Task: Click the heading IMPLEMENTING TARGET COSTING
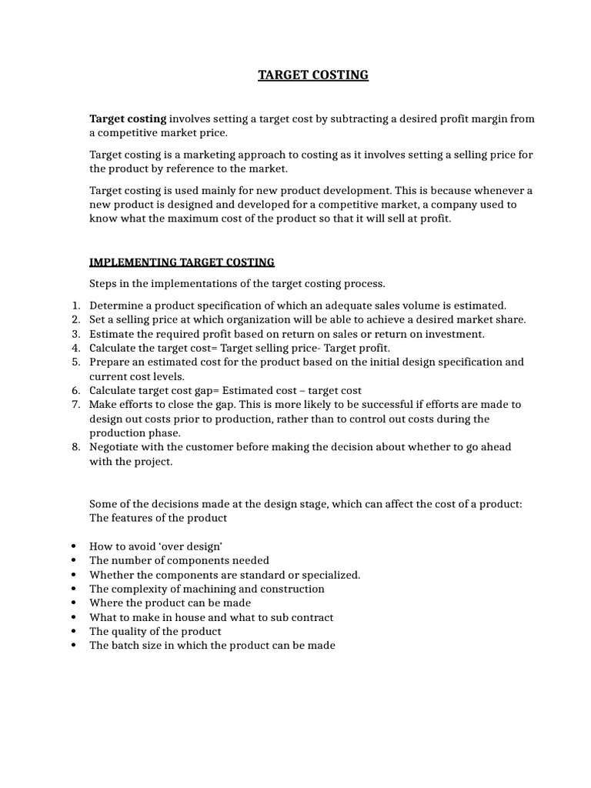(182, 263)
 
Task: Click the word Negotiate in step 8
(115, 447)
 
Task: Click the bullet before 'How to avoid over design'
(72, 546)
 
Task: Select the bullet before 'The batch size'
(72, 646)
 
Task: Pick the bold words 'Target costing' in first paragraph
(128, 119)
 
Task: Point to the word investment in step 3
(457, 334)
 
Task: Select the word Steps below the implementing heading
(103, 284)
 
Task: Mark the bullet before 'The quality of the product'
(72, 632)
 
